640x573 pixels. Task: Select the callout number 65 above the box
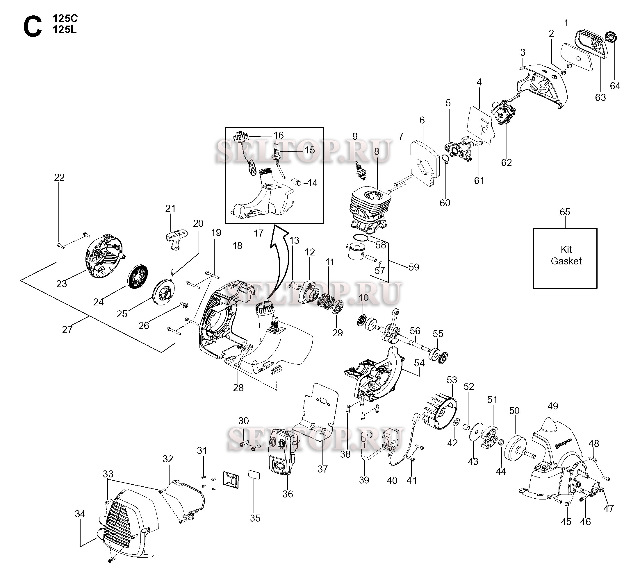point(565,212)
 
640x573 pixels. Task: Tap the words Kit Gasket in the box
point(566,255)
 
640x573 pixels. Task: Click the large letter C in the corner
point(32,27)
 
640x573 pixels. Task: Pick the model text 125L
point(65,30)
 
